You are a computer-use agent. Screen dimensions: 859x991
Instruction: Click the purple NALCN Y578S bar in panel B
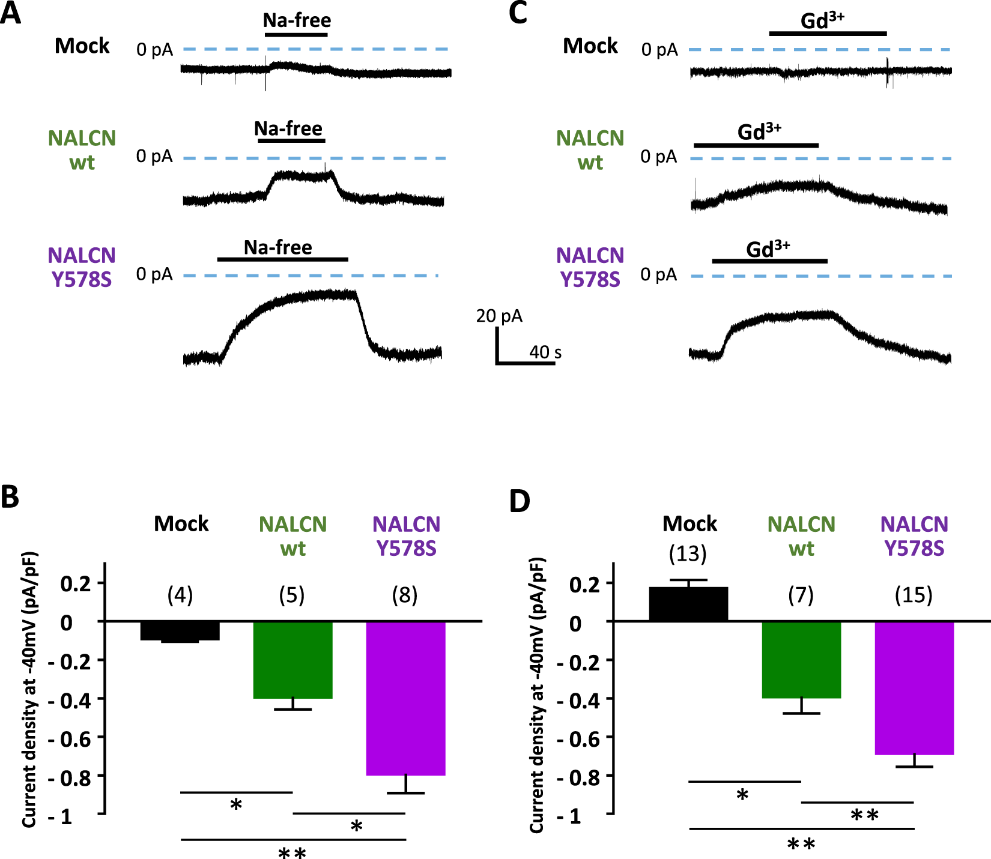[405, 698]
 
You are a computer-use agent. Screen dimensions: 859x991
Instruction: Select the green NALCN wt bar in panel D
[801, 660]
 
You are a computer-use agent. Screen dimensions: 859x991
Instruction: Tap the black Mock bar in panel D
[688, 604]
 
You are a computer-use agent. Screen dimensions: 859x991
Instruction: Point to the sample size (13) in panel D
[688, 553]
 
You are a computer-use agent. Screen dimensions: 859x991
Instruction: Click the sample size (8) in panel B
[405, 595]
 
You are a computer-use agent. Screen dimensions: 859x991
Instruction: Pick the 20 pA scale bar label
[499, 316]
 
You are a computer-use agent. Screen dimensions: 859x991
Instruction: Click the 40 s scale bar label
[545, 352]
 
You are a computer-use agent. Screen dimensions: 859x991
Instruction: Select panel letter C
[517, 13]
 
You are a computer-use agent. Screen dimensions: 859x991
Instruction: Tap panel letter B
[10, 497]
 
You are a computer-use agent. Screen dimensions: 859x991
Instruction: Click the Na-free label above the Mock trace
[297, 20]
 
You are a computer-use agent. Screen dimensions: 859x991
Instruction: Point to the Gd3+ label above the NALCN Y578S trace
[768, 249]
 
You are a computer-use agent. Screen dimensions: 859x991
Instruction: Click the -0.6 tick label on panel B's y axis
[76, 738]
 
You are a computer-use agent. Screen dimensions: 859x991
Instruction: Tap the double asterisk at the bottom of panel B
[292, 852]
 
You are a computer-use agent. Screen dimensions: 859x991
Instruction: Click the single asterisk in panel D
[742, 795]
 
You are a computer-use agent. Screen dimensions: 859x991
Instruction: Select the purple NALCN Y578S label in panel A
[81, 267]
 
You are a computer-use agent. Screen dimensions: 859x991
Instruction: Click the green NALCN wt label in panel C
[590, 150]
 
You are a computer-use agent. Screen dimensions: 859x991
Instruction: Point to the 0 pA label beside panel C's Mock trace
[659, 50]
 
